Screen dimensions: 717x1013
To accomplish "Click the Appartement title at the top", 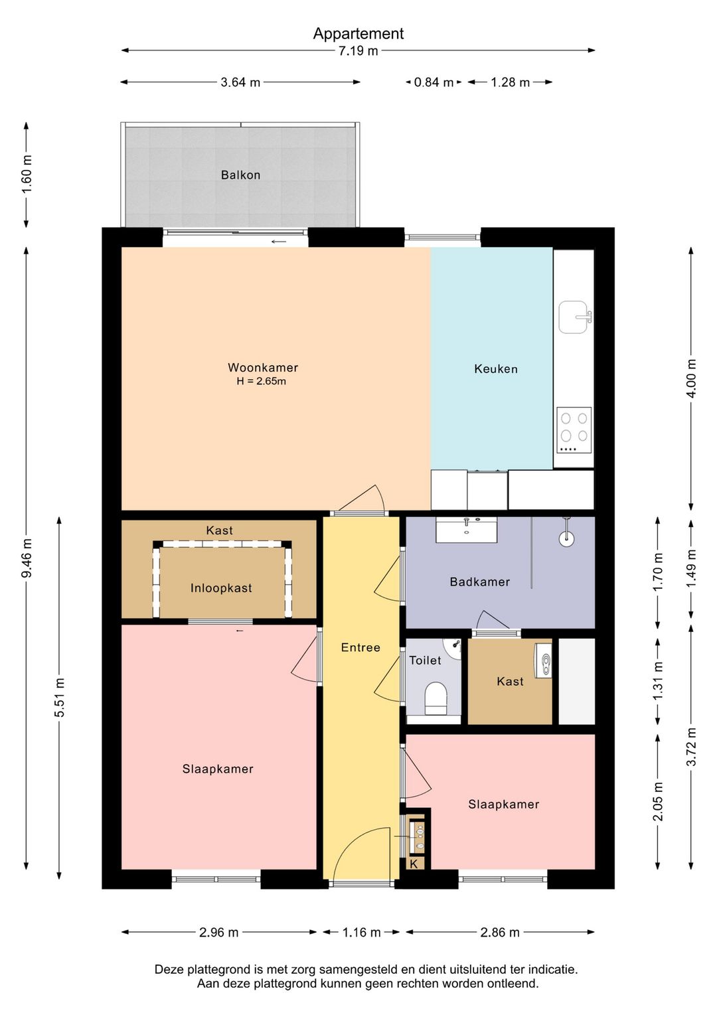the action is pyautogui.click(x=358, y=34).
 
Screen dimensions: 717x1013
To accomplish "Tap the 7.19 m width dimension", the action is pyautogui.click(x=358, y=50).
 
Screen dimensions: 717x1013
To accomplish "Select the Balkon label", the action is pyautogui.click(x=240, y=175).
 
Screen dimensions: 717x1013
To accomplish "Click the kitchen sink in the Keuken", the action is pyautogui.click(x=575, y=317).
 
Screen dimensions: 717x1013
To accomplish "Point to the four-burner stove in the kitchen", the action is pyautogui.click(x=574, y=430).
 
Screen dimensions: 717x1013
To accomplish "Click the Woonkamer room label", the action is pyautogui.click(x=263, y=368).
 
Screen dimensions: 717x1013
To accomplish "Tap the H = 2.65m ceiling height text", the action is pyautogui.click(x=262, y=381).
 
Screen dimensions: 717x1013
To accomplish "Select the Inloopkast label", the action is pyautogui.click(x=221, y=588).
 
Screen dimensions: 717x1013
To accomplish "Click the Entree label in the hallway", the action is pyautogui.click(x=360, y=648).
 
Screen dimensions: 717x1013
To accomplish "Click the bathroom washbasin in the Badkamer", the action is pyautogui.click(x=467, y=530).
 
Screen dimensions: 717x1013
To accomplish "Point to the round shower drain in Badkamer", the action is pyautogui.click(x=566, y=538).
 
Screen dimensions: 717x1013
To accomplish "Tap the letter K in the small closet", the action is pyautogui.click(x=414, y=864).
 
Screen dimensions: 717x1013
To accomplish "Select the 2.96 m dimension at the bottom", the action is pyautogui.click(x=219, y=932).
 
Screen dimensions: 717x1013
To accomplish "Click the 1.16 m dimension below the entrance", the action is pyautogui.click(x=361, y=932).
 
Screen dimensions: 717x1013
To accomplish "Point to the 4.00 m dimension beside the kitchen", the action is pyautogui.click(x=691, y=378).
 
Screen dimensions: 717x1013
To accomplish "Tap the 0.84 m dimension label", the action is pyautogui.click(x=434, y=82).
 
